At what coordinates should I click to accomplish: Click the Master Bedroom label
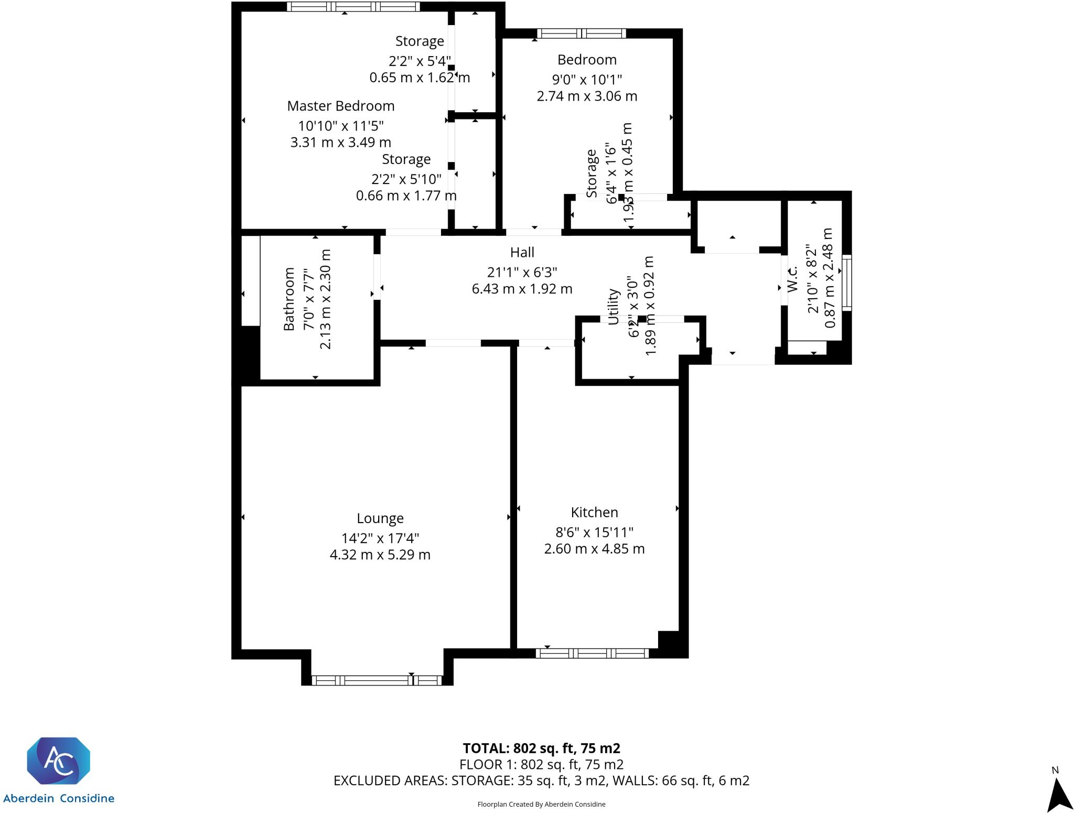coord(340,106)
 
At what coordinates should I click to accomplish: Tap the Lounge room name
coord(380,518)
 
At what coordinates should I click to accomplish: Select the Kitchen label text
coord(594,512)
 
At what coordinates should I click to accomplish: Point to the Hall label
coord(522,253)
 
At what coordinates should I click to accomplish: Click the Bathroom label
coord(289,299)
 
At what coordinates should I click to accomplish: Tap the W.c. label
coord(792,279)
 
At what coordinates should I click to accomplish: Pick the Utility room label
coord(613,307)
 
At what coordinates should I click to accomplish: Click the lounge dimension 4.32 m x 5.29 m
coord(380,555)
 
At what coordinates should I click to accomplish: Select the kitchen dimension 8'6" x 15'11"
coord(594,533)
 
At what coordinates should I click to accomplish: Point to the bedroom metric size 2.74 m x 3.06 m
coord(587,96)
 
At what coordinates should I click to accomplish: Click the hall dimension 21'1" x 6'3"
coord(522,273)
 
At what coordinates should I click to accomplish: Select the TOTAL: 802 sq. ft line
coord(541,748)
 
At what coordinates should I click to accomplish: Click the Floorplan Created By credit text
coord(541,804)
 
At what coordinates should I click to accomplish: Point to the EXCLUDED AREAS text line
coord(541,780)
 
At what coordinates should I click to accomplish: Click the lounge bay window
coord(377,680)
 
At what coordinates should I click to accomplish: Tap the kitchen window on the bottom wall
coord(592,653)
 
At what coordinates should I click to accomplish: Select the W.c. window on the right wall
coord(846,283)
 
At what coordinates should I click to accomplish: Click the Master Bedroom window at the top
coord(353,7)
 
